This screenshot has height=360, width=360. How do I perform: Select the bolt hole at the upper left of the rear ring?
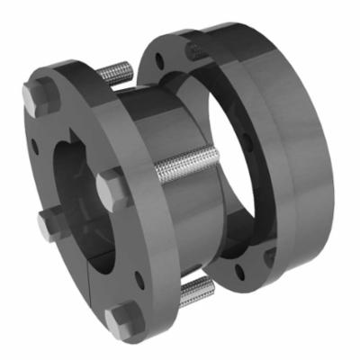[159, 60]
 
